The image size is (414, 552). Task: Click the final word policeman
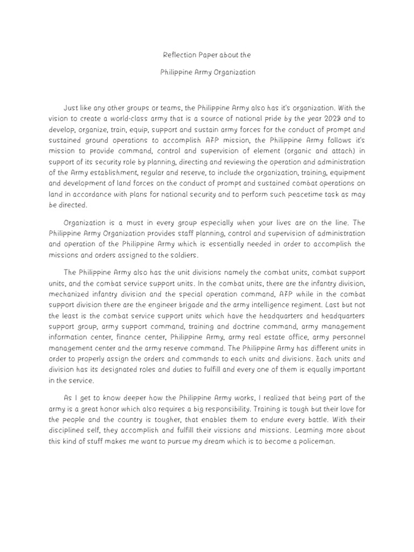coord(314,440)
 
